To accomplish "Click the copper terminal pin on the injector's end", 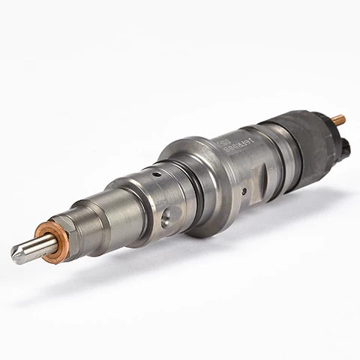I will [338, 119].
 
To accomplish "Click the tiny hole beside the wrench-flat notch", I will [244, 191].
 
